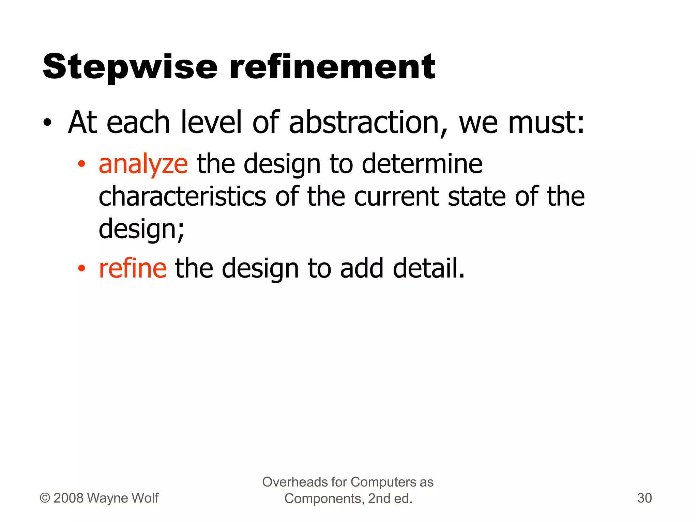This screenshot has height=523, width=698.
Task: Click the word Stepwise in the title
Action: pos(130,67)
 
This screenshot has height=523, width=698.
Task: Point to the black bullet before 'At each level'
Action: pos(47,123)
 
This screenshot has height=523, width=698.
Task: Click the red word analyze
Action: pos(143,164)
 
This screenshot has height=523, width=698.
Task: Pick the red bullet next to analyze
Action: pos(81,164)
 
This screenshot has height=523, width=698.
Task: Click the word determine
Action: pos(422,164)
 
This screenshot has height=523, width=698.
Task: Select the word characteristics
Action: pos(182,197)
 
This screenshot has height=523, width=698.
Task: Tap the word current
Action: pos(396,197)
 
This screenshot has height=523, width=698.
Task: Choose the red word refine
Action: pos(133,269)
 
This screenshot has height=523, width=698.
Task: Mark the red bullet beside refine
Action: pos(81,269)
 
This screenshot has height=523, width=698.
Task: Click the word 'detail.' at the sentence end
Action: pos(429,269)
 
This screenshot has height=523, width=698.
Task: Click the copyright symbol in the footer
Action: pos(45,498)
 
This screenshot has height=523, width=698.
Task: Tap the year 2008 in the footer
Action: pos(68,498)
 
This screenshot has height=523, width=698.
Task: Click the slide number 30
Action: pos(644,498)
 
